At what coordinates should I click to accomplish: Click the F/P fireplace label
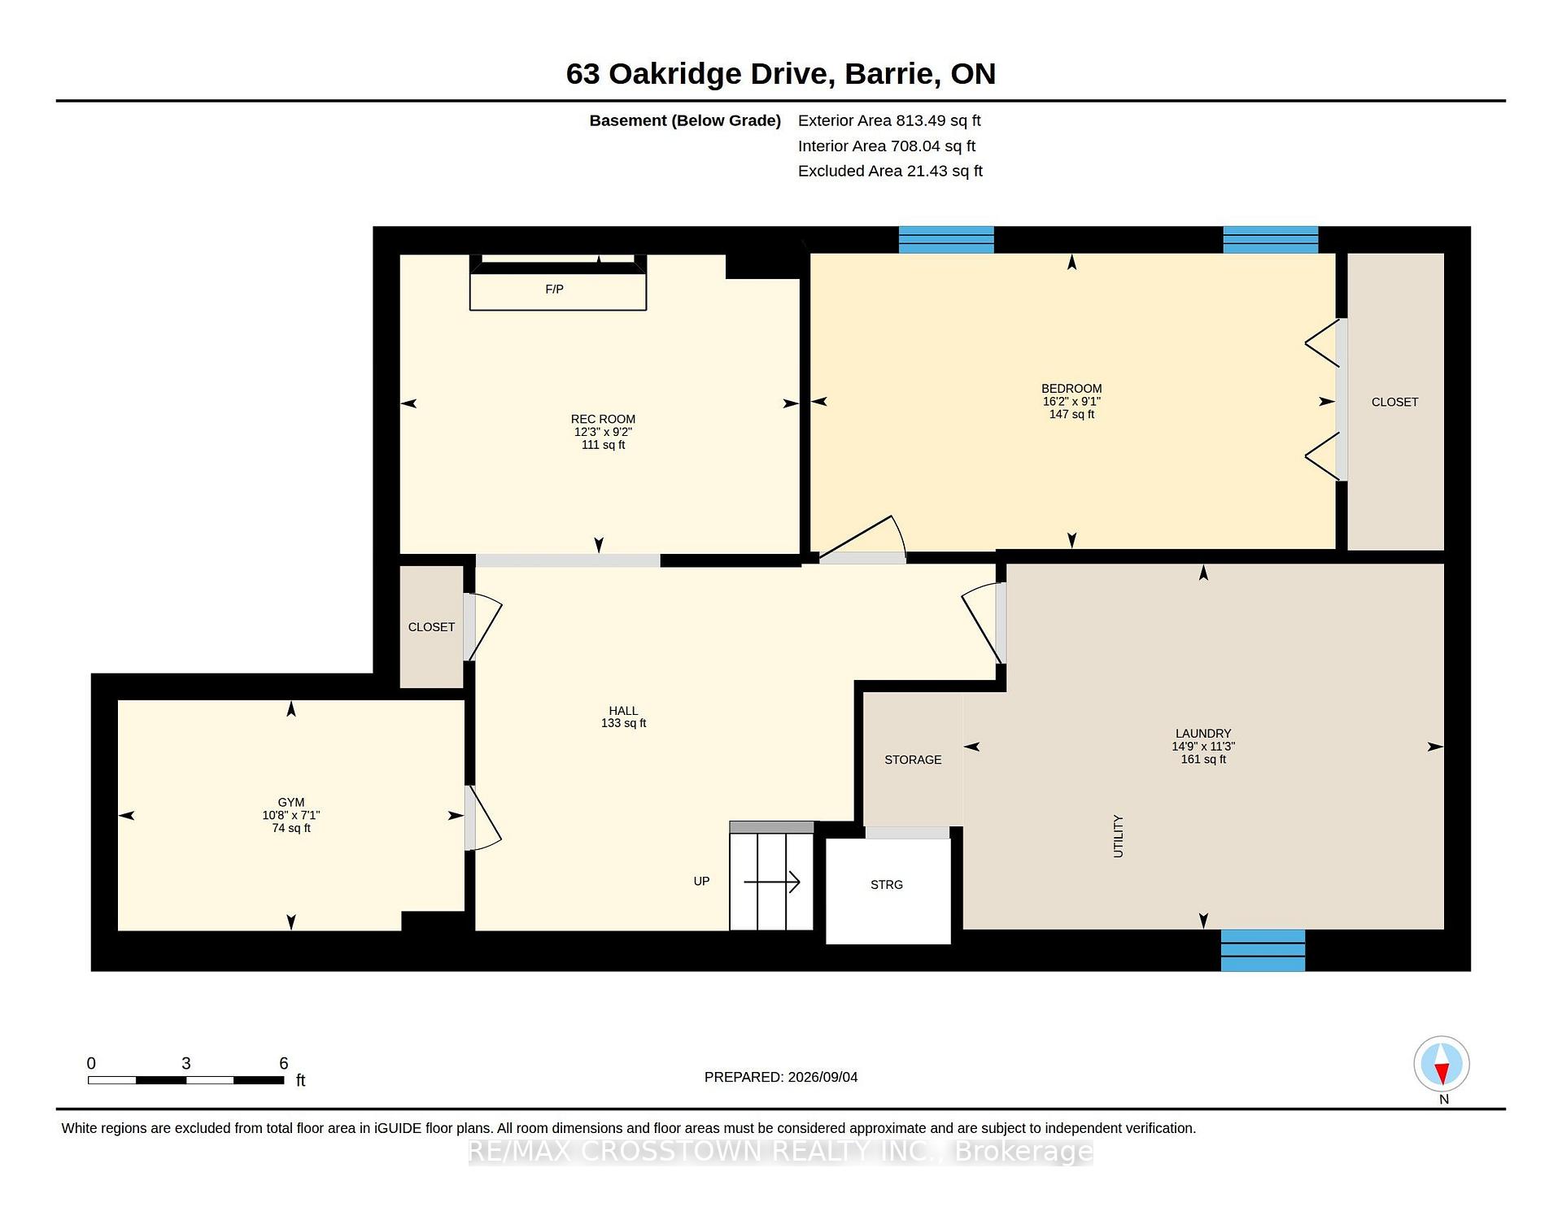tap(554, 290)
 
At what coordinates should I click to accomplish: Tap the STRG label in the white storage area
tap(887, 885)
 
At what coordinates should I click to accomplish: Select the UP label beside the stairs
tap(701, 881)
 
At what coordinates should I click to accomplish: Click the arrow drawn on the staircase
tap(772, 882)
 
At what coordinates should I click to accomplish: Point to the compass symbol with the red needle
tap(1442, 1064)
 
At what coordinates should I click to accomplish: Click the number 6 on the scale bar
tap(284, 1063)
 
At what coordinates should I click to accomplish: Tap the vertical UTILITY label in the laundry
tap(1118, 836)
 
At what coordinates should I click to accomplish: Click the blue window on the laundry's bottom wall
tap(1263, 950)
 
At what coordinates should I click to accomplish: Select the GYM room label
tap(291, 802)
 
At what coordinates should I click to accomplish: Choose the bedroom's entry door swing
tap(862, 539)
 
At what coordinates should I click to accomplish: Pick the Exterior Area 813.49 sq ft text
tap(889, 120)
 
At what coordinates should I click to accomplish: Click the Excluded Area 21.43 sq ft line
tap(890, 171)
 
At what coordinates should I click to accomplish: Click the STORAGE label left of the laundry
tap(913, 760)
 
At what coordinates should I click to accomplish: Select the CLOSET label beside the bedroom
tap(1394, 402)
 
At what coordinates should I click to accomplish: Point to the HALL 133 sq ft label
tap(623, 717)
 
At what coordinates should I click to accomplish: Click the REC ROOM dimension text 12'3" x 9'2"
tap(603, 432)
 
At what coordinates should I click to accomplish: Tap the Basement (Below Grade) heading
tap(685, 120)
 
